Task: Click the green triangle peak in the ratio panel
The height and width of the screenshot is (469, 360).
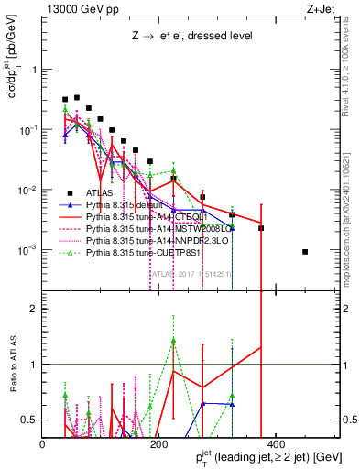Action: [173, 341]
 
